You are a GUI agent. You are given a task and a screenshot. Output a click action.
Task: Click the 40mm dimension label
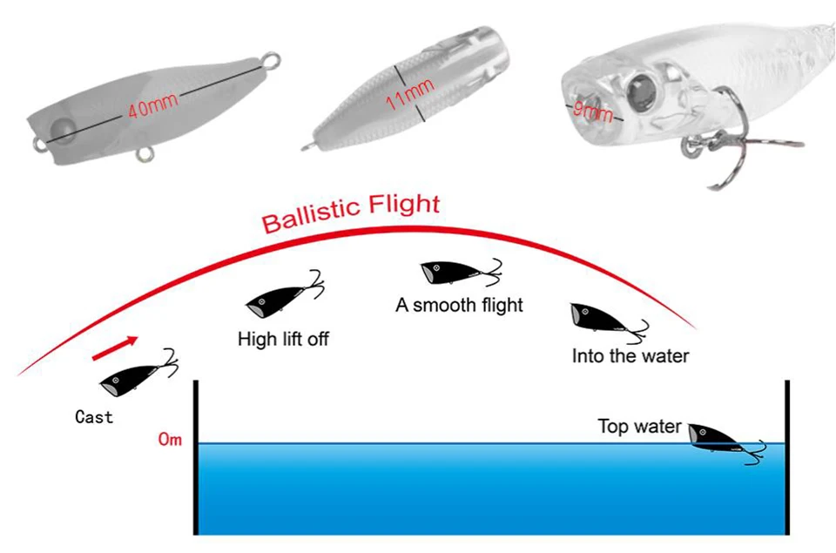pos(152,105)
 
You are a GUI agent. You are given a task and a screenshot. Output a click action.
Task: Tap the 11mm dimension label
pos(409,94)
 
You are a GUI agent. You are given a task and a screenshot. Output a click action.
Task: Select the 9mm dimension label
pos(592,111)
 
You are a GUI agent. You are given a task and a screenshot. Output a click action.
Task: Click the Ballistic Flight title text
pos(350,212)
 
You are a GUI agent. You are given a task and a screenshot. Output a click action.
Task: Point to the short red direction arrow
pos(115,348)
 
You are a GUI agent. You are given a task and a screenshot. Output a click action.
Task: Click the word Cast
pos(94,416)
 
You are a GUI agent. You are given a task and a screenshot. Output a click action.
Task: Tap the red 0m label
pos(170,440)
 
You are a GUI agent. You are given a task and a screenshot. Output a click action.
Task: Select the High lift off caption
pos(283,339)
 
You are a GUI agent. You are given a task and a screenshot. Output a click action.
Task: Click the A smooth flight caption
pos(459,305)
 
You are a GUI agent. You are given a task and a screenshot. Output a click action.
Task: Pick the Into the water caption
pos(630,355)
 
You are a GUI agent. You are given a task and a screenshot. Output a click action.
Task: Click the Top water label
pos(639,426)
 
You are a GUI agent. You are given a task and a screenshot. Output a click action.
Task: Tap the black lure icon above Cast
pos(139,374)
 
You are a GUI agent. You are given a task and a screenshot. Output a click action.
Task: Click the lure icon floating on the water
pos(726,443)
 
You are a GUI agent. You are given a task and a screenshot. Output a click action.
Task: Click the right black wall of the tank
pos(787,457)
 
